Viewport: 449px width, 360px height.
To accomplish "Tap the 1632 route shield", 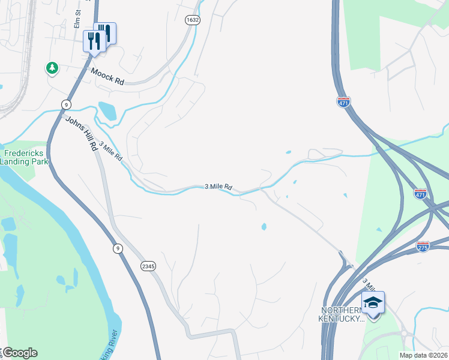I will coord(193,20).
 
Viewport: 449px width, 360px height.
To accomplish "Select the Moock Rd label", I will coord(107,76).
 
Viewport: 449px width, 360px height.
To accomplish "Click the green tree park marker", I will coord(52,68).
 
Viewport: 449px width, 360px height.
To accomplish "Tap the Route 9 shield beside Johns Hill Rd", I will coord(65,104).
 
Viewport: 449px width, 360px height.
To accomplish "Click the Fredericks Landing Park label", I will coord(24,157).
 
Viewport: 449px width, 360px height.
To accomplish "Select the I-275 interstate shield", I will coord(423,246).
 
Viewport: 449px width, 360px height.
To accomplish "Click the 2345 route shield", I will coord(148,266).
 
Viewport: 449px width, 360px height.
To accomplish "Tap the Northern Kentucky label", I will coord(342,314).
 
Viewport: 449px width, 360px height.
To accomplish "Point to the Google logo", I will coord(19,353).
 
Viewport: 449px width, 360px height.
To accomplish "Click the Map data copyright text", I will coord(423,355).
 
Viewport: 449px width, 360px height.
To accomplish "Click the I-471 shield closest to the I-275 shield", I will coord(421,194).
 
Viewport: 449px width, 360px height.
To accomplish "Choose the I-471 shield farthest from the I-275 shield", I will coord(343,102).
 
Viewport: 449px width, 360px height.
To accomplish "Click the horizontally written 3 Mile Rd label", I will coord(218,187).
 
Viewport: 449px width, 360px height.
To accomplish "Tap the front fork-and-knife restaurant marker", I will coord(92,41).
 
